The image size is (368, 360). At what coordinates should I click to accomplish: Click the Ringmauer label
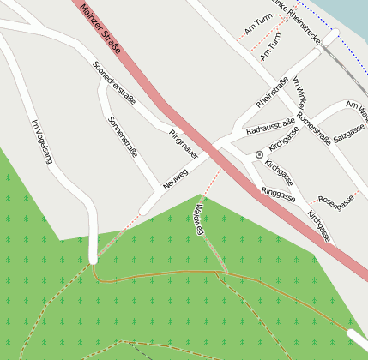pyautogui.click(x=184, y=144)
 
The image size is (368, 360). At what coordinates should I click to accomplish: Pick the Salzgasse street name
pyautogui.click(x=349, y=131)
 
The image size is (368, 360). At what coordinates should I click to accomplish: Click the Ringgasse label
pyautogui.click(x=278, y=195)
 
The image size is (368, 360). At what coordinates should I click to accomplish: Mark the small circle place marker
pyautogui.click(x=258, y=154)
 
